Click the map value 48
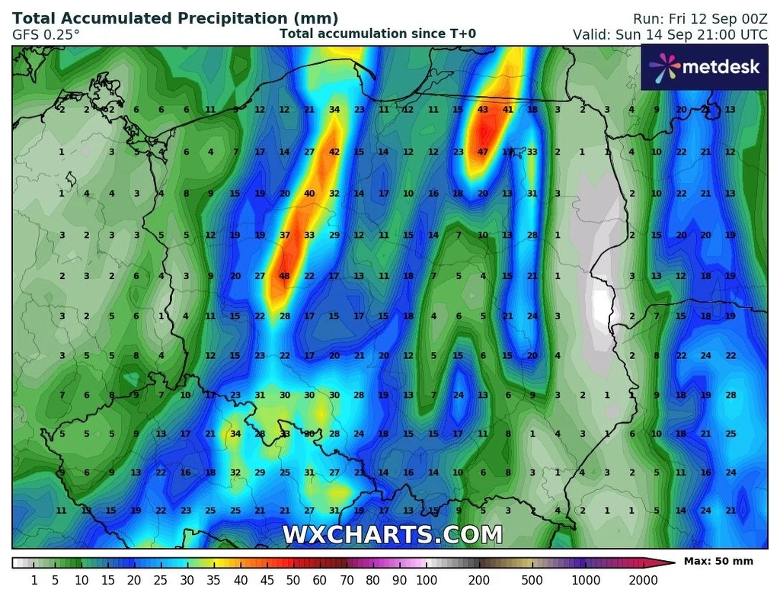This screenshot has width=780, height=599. tap(285, 276)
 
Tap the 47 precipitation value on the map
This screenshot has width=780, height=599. tap(483, 152)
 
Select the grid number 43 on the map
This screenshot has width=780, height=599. tap(483, 110)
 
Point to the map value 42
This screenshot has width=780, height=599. tap(334, 152)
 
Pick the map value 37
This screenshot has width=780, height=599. tap(285, 235)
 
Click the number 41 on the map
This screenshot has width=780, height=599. tap(508, 110)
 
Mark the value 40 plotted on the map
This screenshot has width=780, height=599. tap(309, 194)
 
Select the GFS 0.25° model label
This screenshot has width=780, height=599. tap(46, 34)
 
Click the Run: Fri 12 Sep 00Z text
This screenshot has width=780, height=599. tap(699, 18)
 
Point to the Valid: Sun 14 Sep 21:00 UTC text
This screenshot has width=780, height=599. tap(670, 35)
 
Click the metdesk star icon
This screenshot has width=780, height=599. tap(664, 67)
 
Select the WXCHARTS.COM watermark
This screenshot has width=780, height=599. tap(392, 534)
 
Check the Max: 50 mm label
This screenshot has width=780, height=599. tap(718, 562)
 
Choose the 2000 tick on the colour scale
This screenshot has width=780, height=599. tap(644, 581)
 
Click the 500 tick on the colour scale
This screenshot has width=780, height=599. tap(532, 581)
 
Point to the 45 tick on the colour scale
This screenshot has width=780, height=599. tap(267, 581)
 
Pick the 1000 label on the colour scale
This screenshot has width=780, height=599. tap(587, 581)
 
